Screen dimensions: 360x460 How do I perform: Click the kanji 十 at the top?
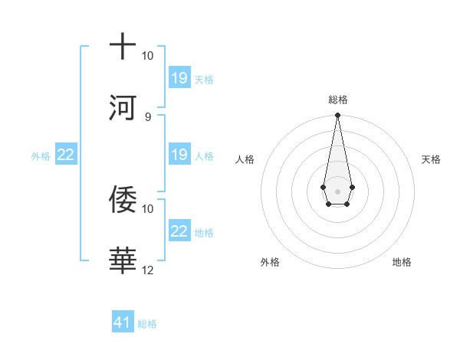tap(123, 45)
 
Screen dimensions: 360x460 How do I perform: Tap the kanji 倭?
tap(123, 198)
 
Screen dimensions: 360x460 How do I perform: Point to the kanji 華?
tap(123, 260)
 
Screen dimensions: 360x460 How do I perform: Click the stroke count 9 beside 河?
tap(148, 116)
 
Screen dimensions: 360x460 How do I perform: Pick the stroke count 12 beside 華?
tap(148, 270)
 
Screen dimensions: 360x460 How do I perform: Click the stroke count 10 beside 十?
tap(148, 56)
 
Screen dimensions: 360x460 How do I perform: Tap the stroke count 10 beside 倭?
tap(148, 208)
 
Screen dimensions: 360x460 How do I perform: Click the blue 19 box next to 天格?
tap(179, 77)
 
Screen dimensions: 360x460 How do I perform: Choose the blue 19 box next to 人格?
tap(179, 155)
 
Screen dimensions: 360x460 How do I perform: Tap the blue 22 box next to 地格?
tap(179, 231)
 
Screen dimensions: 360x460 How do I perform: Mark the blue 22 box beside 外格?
tap(65, 155)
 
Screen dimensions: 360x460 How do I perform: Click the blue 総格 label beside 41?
tap(147, 324)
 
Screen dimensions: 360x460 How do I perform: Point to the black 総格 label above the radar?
tap(338, 100)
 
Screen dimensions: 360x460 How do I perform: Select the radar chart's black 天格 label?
tap(432, 159)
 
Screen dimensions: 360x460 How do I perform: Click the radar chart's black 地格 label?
tap(402, 262)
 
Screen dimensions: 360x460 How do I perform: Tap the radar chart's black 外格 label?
tap(270, 262)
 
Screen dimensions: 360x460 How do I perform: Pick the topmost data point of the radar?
tap(337, 116)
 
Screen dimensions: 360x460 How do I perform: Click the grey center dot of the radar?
tap(337, 190)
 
